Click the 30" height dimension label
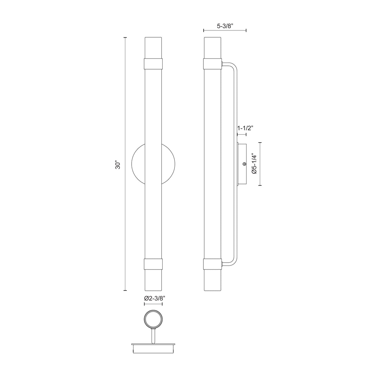(118, 165)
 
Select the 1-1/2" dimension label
(245, 128)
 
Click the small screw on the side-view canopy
(244, 164)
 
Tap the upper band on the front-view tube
(153, 64)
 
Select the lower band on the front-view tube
(153, 264)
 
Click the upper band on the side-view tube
(212, 64)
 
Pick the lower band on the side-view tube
(212, 264)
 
